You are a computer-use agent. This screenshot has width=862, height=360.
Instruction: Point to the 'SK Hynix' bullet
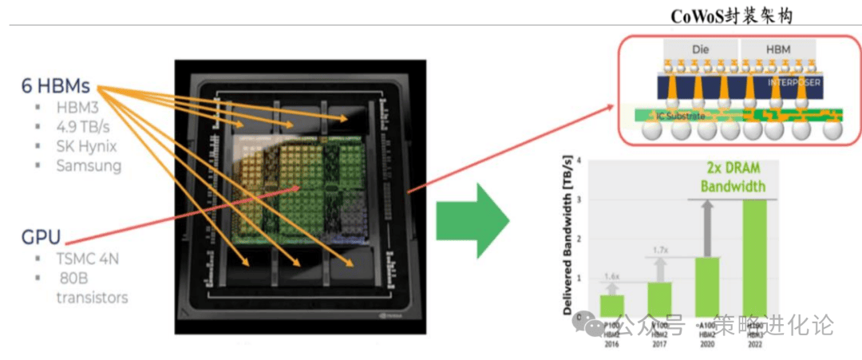tap(87, 146)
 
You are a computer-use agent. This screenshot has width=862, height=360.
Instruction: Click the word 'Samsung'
tap(89, 166)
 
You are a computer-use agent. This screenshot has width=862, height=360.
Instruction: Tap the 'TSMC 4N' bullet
tap(89, 259)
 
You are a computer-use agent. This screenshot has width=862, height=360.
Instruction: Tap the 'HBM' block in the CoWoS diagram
tap(778, 49)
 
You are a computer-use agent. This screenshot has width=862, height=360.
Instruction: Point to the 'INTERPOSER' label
tap(793, 81)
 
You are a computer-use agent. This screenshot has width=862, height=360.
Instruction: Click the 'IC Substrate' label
tap(681, 117)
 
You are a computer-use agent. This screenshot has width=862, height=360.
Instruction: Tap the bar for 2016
tap(611, 306)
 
